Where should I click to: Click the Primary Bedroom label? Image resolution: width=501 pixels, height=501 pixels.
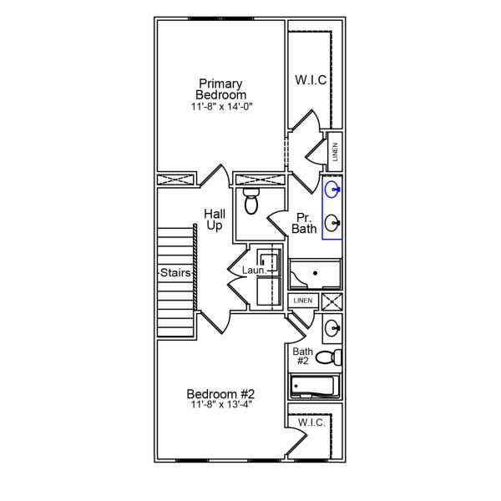pos(220,89)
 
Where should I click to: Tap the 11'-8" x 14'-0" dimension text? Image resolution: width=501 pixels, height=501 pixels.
pos(220,107)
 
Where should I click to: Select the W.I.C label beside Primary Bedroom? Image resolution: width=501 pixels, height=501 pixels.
pos(310,80)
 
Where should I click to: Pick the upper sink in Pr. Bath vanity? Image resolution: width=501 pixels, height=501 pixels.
pos(332,189)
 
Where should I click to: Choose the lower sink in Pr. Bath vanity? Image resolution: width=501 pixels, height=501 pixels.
pos(332,222)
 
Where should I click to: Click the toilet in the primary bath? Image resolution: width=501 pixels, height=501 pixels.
pos(250,201)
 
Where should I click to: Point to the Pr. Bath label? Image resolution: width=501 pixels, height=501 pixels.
pos(304,223)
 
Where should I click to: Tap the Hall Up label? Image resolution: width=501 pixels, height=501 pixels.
pos(215,220)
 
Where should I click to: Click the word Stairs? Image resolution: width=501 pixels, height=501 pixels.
pos(177,272)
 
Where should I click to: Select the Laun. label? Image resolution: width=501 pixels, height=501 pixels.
pos(254,271)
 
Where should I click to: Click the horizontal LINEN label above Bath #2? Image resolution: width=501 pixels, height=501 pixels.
pos(302,301)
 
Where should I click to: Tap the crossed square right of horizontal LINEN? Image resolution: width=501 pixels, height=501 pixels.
pos(331,301)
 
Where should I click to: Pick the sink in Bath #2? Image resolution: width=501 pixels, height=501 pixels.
pos(331,327)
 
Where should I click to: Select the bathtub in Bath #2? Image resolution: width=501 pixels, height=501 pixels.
pos(313,387)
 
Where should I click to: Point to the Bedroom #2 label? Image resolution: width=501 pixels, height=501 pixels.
pos(220,394)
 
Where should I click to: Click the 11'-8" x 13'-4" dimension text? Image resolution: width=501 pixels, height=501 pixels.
pos(220,405)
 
